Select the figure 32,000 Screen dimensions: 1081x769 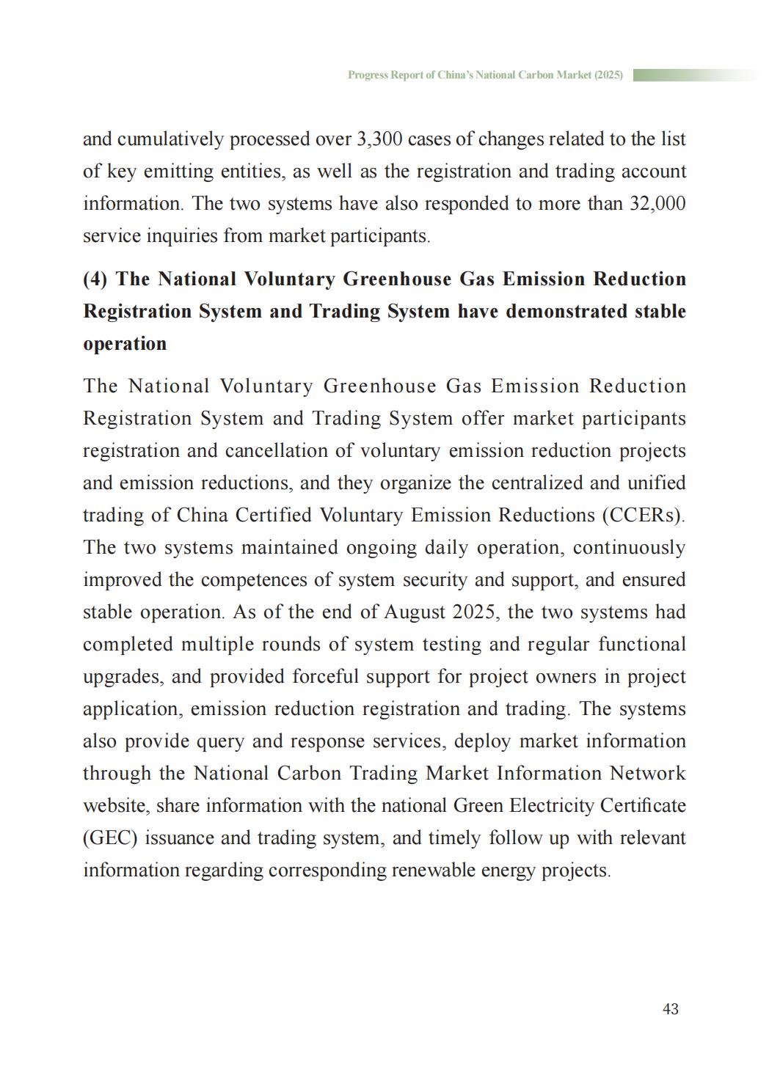point(657,204)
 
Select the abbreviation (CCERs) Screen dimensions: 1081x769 point(643,516)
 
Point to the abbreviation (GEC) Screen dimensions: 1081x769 point(110,838)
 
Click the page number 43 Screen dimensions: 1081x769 point(670,1010)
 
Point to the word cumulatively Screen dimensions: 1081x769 point(170,139)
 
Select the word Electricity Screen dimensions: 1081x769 point(541,806)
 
